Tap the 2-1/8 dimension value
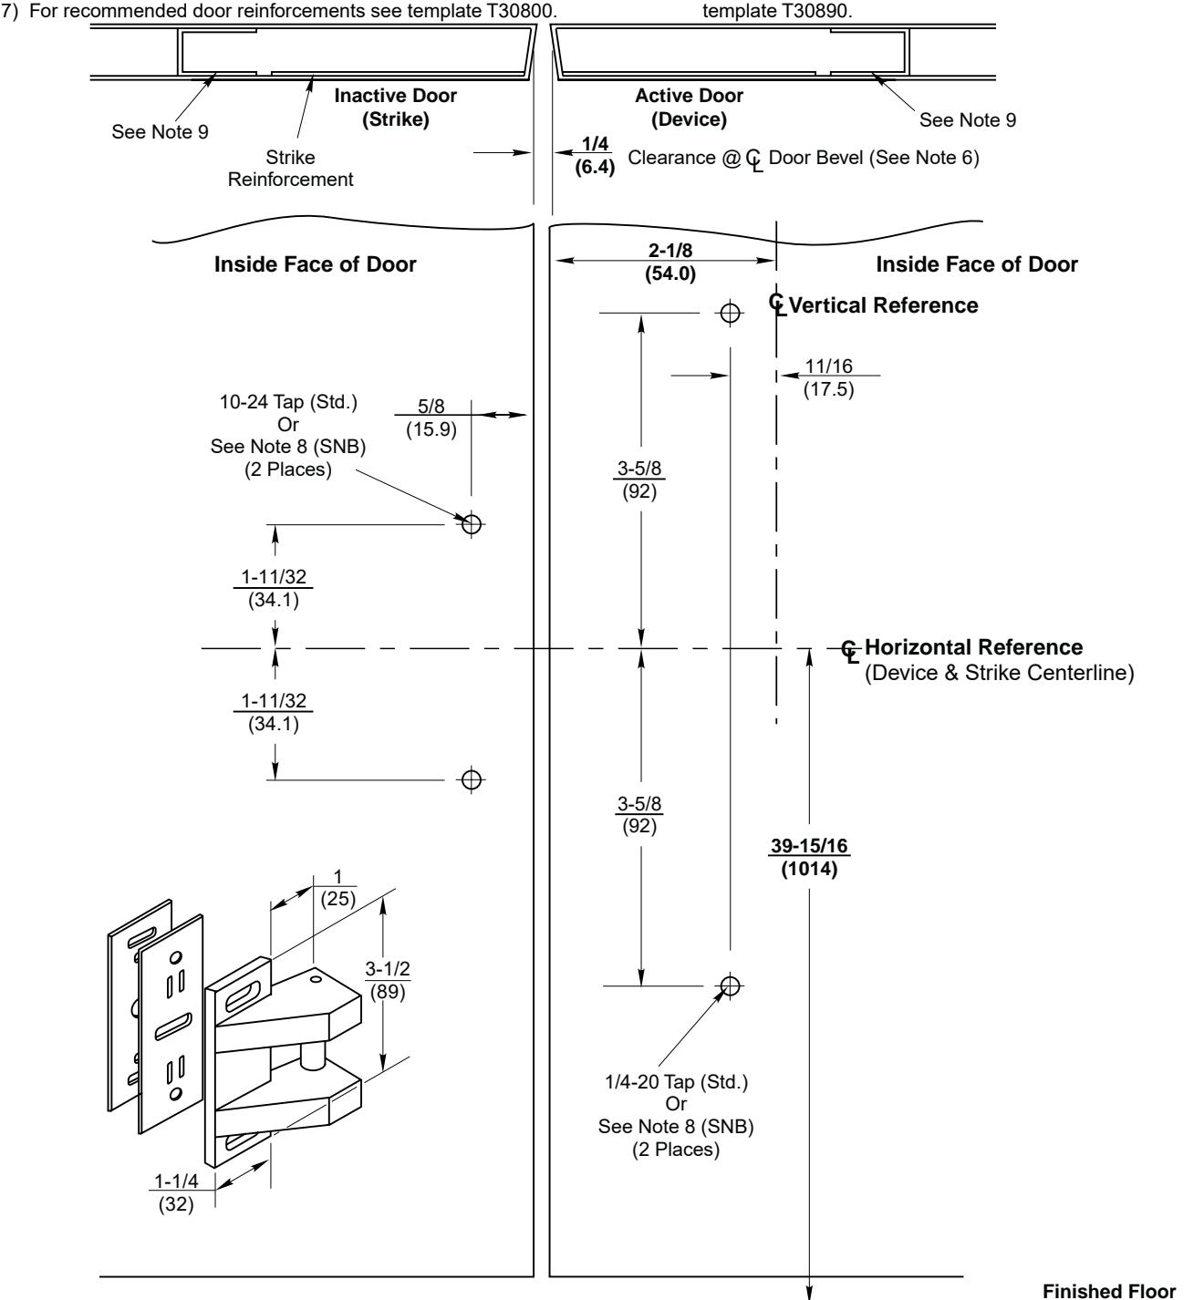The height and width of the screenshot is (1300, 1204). (661, 259)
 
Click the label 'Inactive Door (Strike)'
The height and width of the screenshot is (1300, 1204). (395, 107)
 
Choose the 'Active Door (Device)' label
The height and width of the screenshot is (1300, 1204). (689, 107)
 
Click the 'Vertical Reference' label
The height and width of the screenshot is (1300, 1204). (883, 305)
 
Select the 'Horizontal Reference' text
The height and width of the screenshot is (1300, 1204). (973, 647)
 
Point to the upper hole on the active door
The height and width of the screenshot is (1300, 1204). (729, 314)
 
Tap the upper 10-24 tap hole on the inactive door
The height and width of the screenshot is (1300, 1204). (472, 524)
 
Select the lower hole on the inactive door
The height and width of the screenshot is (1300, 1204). (472, 779)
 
